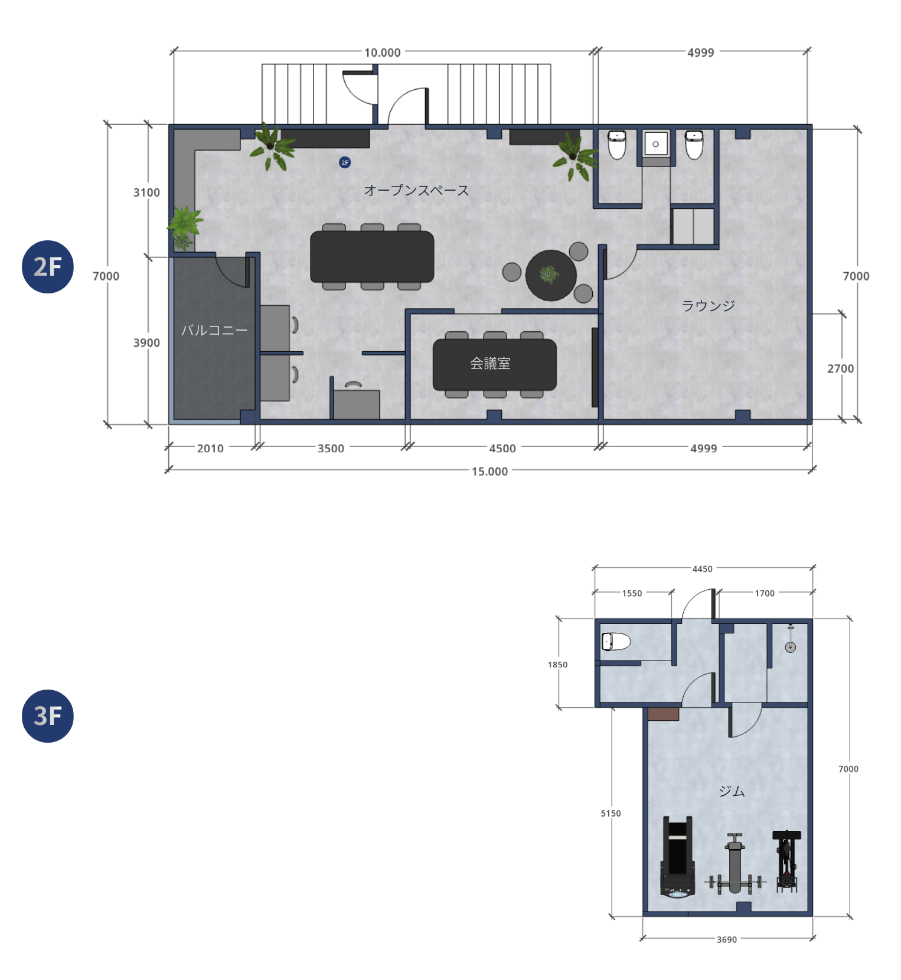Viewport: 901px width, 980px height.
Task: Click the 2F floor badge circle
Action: pos(48,267)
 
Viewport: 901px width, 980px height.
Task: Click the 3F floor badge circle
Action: pos(48,716)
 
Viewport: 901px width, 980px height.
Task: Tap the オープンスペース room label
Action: pos(416,190)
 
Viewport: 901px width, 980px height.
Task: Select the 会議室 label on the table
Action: pos(490,364)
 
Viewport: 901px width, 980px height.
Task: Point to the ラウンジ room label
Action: pos(708,305)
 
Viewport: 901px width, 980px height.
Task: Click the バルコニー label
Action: pos(214,330)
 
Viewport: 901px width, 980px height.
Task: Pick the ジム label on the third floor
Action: pos(732,791)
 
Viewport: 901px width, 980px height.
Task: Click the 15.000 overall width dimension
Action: pos(489,471)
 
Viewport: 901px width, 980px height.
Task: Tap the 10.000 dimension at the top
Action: pos(382,53)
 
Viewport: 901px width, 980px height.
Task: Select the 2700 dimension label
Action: pos(840,368)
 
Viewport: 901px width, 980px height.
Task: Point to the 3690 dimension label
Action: pos(727,939)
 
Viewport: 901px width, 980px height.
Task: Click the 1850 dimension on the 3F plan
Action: pos(557,664)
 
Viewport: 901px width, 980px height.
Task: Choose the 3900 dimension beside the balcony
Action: pos(146,342)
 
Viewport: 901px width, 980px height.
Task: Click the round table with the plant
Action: pos(551,276)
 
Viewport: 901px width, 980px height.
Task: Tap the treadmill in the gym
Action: pos(677,857)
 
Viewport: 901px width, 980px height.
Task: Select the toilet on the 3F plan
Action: pos(616,642)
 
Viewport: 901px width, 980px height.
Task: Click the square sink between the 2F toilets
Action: pos(655,143)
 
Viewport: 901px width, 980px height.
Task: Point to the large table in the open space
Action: pos(372,257)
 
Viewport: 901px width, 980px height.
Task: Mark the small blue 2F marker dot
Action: pos(345,162)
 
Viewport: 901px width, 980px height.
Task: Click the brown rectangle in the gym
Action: pos(663,714)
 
